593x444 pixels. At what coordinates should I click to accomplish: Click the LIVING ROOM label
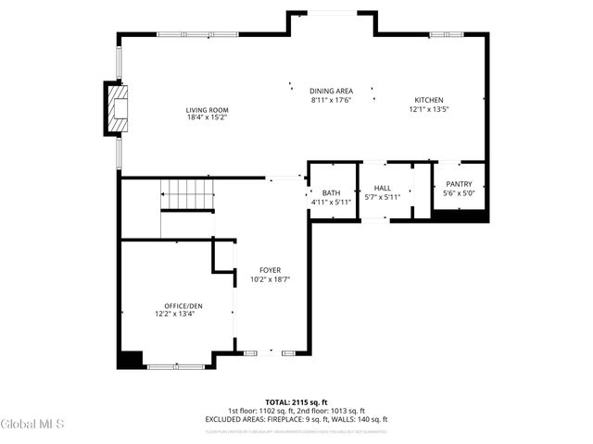(x=207, y=110)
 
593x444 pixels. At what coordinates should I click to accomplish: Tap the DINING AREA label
(x=331, y=91)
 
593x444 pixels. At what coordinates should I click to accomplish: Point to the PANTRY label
(x=459, y=184)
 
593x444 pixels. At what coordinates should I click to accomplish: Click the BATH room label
(x=331, y=192)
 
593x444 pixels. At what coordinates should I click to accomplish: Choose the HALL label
(x=382, y=188)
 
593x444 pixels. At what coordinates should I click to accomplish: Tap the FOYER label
(x=270, y=270)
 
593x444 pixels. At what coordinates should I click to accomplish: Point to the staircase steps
(x=189, y=194)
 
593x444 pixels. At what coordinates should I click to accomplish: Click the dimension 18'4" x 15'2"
(x=207, y=118)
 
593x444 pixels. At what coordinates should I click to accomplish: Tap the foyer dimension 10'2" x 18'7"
(x=270, y=279)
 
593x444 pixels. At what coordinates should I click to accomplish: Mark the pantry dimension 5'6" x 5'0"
(x=459, y=193)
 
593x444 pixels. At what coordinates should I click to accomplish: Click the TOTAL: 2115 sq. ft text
(x=296, y=402)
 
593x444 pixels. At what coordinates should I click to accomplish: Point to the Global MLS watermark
(x=32, y=425)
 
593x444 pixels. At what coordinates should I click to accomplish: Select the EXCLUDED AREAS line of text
(x=296, y=419)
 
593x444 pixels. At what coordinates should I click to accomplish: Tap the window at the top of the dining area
(x=332, y=12)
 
